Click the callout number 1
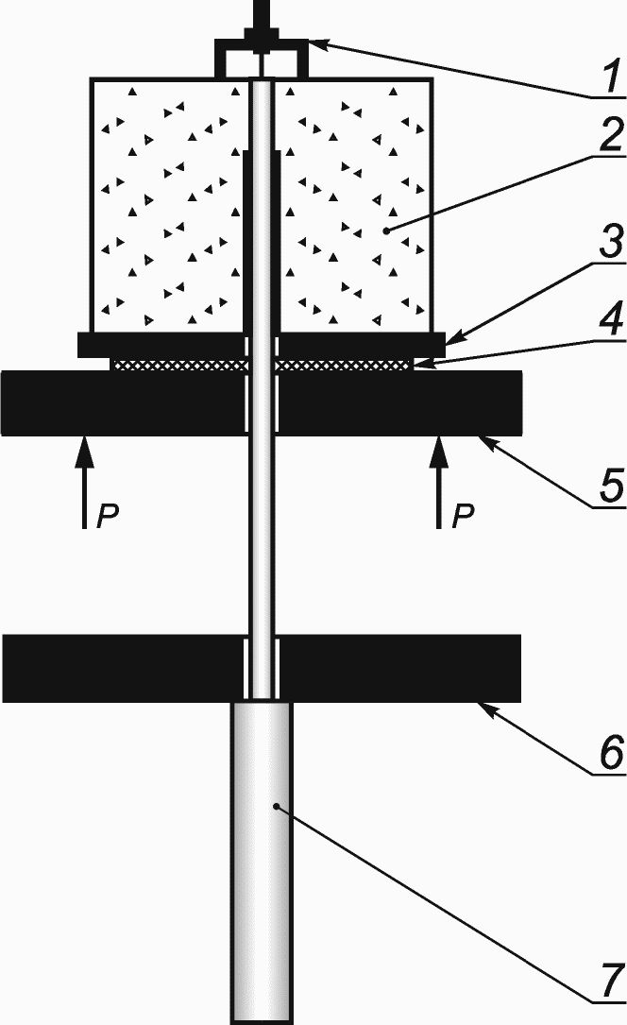tap(610, 76)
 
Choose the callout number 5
tap(610, 485)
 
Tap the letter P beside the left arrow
tap(110, 516)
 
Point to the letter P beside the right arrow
tap(463, 516)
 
